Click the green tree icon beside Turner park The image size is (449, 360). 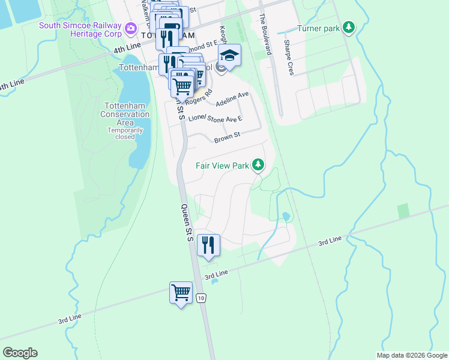click(349, 28)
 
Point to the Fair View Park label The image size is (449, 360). click(221, 165)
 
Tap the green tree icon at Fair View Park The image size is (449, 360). click(258, 164)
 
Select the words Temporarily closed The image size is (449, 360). click(122, 133)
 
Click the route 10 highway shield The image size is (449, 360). click(201, 298)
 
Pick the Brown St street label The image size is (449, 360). click(227, 138)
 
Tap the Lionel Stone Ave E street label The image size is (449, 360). click(215, 119)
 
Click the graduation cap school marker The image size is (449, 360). click(229, 56)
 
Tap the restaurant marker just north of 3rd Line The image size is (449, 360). click(208, 245)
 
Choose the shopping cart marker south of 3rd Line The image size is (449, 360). click(181, 293)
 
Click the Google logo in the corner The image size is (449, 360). click(20, 353)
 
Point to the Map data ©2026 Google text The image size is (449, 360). click(411, 355)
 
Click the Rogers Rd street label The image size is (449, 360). click(200, 98)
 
